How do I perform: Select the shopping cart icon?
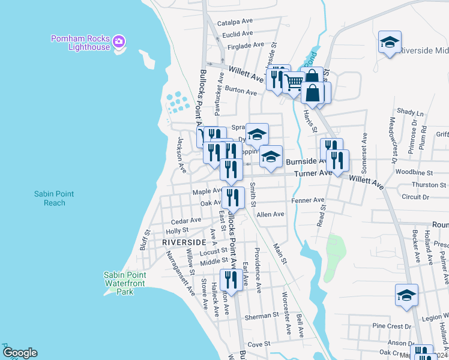pos(294,82)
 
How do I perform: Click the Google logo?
pos(20,353)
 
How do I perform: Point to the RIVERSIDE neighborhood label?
pos(184,242)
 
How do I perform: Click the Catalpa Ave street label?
pos(235,22)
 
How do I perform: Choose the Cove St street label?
pos(259,344)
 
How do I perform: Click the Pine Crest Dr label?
pos(391,326)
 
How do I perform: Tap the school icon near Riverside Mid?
pos(390,42)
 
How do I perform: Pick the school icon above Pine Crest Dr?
pos(406,295)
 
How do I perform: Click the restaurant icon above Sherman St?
pos(231,279)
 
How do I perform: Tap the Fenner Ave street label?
pos(307,200)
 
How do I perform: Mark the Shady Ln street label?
pos(411,112)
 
